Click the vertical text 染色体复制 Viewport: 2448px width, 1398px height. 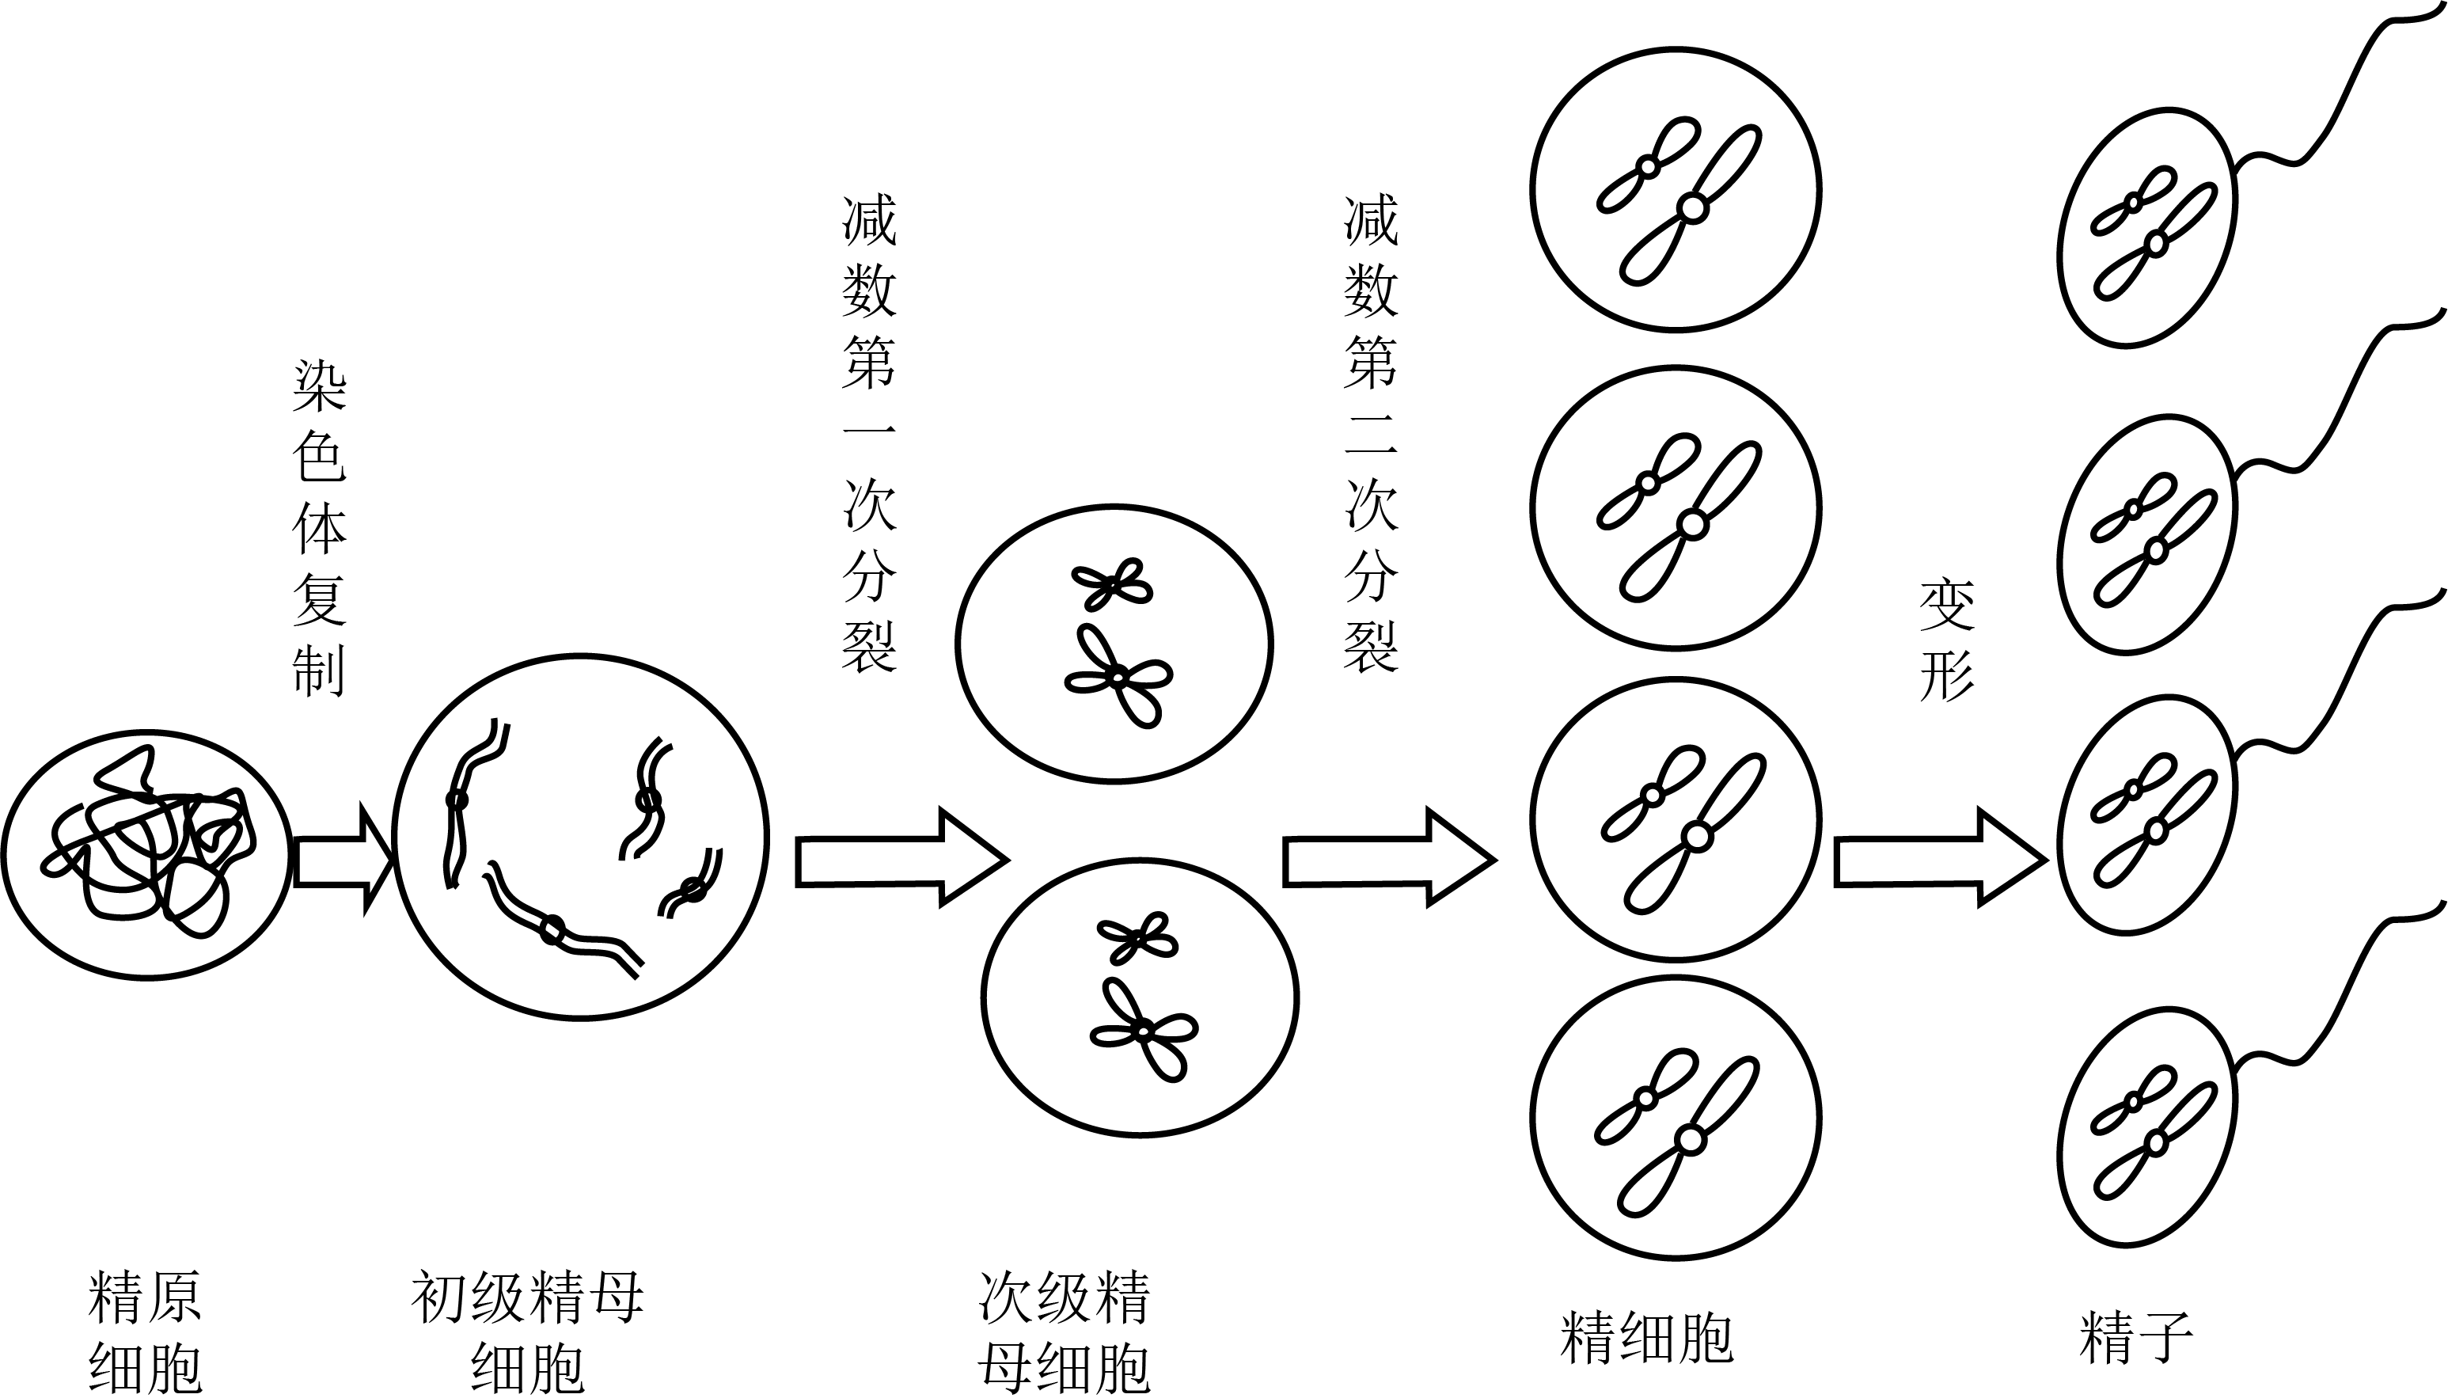(319, 527)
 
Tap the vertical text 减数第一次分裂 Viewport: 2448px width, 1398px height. (869, 433)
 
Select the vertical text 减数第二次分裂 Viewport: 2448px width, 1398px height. (1371, 433)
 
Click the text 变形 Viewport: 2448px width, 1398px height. (1946, 640)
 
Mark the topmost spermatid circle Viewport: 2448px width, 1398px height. (1676, 188)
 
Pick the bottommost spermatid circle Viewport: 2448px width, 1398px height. (1676, 1118)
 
